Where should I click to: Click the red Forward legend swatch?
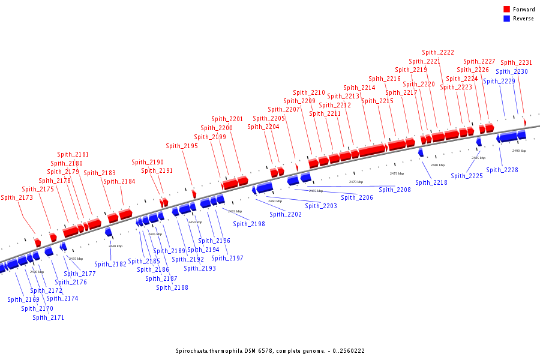(507, 10)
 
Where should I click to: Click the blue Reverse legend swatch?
(507, 19)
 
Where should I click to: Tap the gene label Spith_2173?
(17, 197)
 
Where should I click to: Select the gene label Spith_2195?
(182, 146)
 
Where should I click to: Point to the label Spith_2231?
(516, 62)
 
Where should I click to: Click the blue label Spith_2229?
(499, 81)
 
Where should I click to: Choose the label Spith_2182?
(110, 264)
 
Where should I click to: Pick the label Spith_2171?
(48, 317)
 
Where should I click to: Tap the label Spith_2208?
(395, 190)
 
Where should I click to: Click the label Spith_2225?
(467, 176)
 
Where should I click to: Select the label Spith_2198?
(249, 224)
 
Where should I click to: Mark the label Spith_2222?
(438, 52)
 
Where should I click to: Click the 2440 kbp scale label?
(115, 246)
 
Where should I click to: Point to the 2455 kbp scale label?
(235, 211)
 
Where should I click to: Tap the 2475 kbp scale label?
(397, 173)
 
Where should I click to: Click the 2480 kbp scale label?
(437, 165)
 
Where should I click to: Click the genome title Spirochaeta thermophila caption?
(270, 351)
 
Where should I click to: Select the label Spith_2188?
(172, 287)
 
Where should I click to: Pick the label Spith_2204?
(263, 127)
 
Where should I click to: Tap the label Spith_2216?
(385, 79)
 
